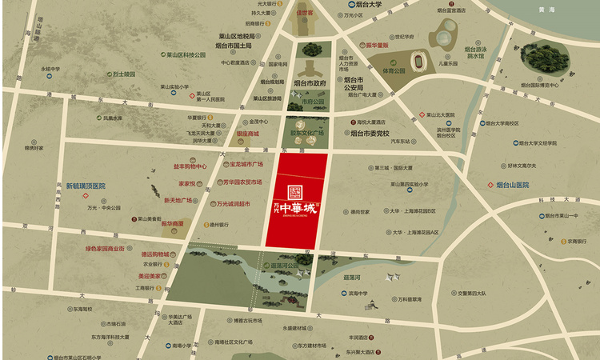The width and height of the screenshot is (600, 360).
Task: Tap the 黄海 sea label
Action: (x=547, y=10)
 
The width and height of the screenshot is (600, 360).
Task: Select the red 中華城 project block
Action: (x=296, y=199)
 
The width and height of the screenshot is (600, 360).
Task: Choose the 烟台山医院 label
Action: (x=512, y=185)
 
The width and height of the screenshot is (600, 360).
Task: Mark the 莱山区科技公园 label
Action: (x=186, y=55)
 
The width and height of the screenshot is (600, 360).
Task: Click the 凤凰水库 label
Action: (x=113, y=118)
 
